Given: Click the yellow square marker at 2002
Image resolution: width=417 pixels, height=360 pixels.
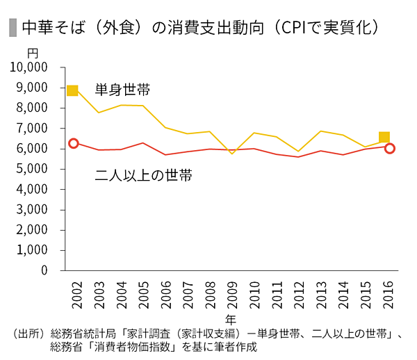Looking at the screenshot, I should pos(72,91).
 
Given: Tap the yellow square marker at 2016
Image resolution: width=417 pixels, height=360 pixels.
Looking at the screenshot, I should pos(384,137).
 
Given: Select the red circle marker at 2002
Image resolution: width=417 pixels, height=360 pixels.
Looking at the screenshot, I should pos(73,143).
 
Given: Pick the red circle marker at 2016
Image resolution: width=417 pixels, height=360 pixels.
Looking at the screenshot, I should pos(390,148).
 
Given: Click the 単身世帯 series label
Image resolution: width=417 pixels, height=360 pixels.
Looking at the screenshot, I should pos(123,90).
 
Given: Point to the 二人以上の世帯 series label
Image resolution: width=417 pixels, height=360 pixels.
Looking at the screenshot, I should pos(143,175).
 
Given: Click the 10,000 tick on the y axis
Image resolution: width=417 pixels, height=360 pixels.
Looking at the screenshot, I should pos(29,67).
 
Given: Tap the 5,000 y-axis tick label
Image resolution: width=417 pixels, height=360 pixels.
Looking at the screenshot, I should pos(32,169).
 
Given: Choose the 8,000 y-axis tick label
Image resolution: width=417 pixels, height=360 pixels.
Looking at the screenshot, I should pos(32,108).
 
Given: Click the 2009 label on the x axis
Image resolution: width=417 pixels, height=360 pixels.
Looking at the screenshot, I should pos(231,295).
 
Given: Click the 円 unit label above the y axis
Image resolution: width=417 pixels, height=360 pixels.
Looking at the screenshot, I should pos(33,53).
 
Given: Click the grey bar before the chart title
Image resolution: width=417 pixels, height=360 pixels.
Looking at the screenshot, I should pos(12,28).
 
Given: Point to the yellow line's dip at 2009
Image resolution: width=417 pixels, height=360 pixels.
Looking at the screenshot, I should pos(231,153).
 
